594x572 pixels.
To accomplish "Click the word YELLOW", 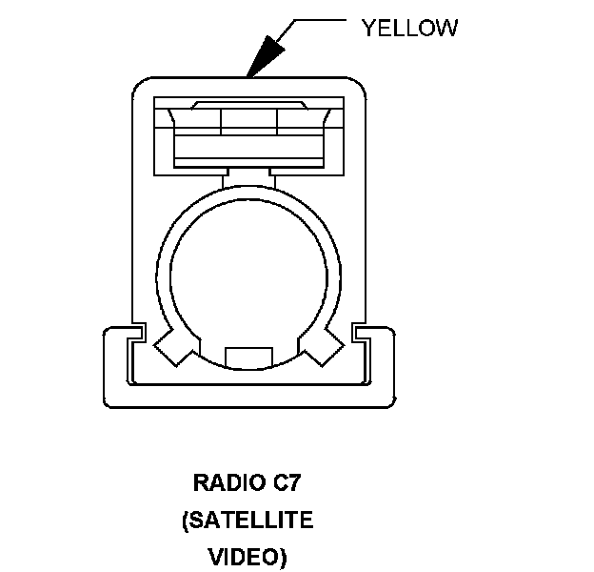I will point(409,28).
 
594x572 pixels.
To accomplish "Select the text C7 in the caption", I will point(287,482).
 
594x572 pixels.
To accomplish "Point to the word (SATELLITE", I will point(247,521).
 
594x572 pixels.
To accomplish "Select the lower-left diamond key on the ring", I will point(174,344).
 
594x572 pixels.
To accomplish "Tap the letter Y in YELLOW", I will point(368,28).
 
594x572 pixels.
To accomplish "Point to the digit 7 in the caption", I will point(295,482).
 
